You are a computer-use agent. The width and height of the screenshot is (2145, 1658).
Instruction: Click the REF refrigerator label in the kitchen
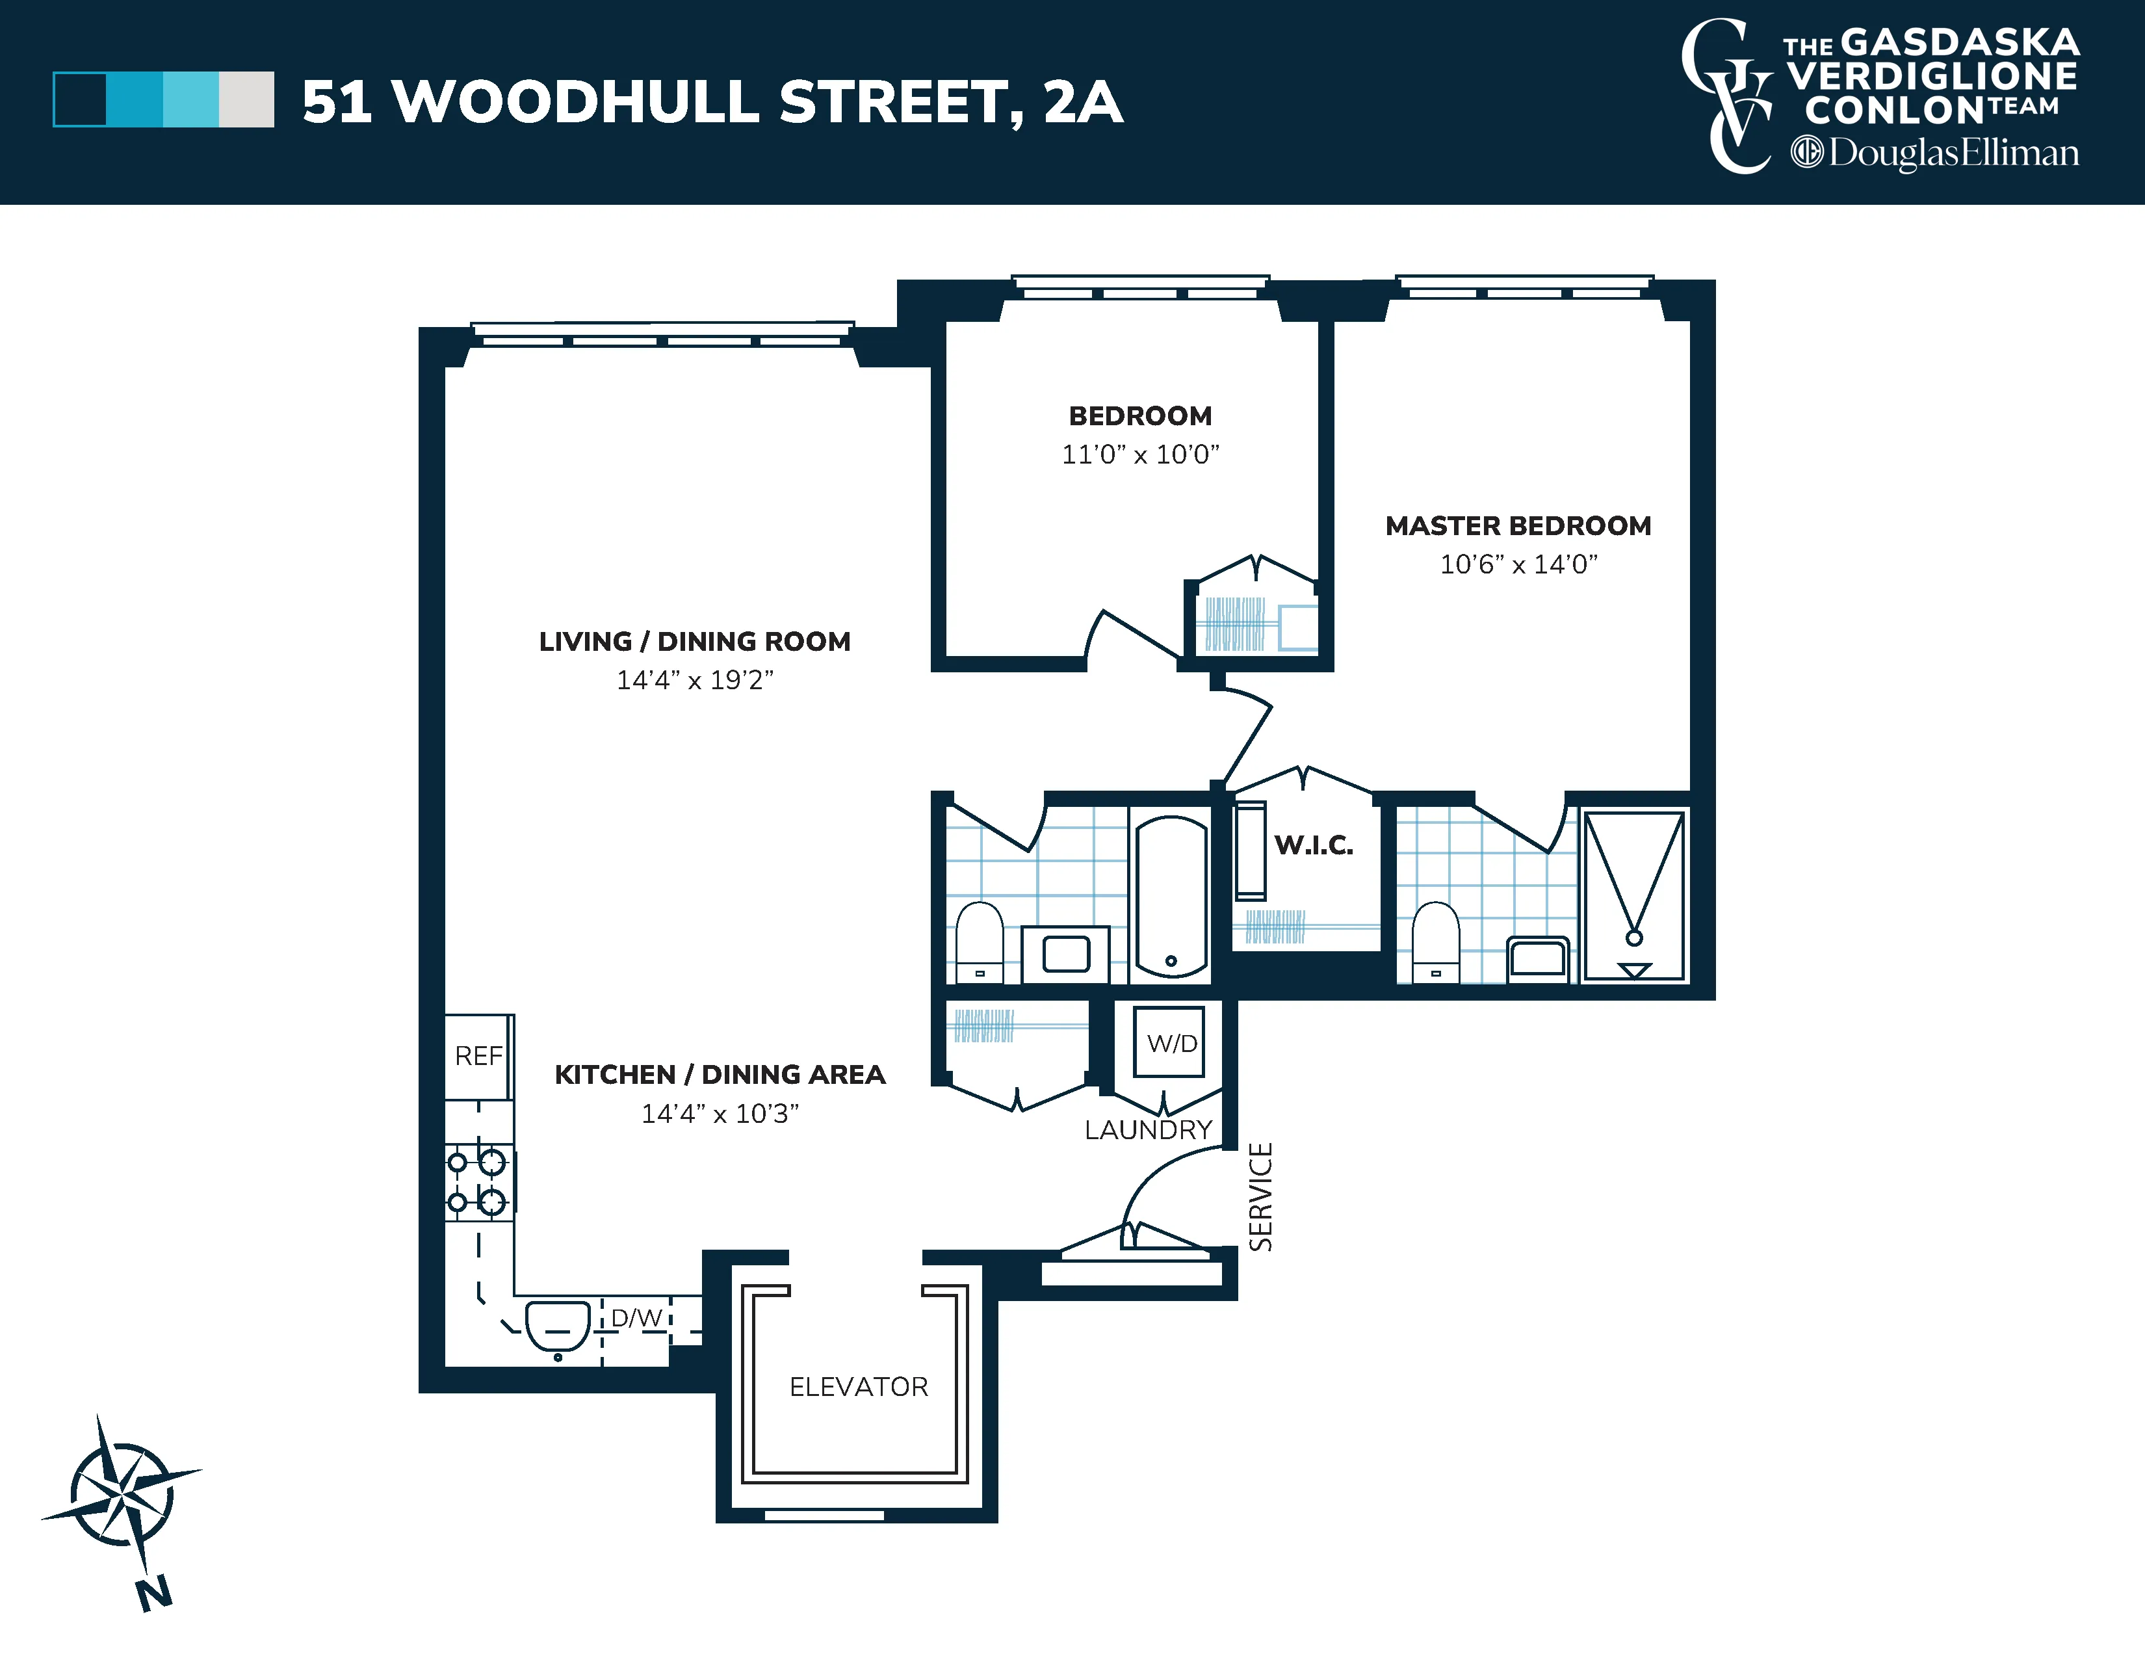pos(478,1056)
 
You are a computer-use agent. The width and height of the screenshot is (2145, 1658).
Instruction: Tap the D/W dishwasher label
pos(636,1317)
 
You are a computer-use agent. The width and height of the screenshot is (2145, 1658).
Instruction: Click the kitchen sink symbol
pos(557,1325)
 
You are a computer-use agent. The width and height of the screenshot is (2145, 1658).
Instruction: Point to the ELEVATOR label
pos(859,1387)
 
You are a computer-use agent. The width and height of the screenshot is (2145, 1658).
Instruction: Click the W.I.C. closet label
pos(1313,845)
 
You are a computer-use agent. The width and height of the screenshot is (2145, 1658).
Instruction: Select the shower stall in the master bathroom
pos(1633,895)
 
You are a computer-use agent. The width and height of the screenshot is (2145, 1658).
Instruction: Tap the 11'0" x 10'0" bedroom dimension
pos(1139,454)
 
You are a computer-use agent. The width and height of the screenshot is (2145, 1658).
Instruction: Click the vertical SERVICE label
pos(1260,1196)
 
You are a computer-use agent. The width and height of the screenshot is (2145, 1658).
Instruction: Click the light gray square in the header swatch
pos(246,100)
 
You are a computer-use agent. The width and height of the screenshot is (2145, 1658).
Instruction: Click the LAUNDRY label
pos(1148,1129)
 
